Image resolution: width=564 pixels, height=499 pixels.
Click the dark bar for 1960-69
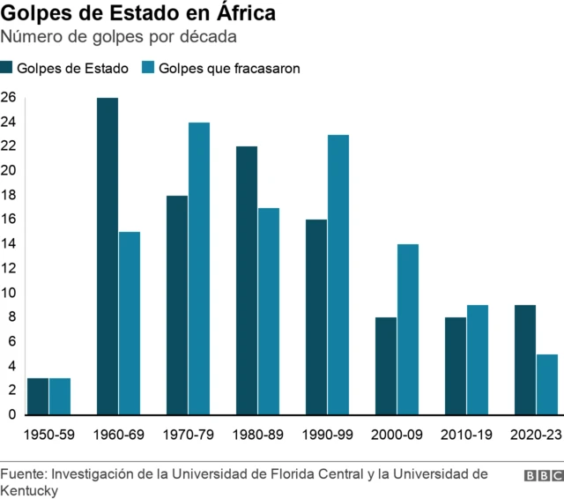(108, 256)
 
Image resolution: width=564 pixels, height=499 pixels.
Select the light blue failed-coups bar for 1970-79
(199, 268)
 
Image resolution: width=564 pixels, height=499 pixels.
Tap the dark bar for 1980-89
(247, 280)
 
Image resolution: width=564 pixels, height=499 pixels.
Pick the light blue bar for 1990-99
(338, 274)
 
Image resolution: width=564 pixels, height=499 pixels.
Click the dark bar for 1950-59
(38, 396)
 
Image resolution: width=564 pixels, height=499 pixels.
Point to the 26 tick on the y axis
(8, 97)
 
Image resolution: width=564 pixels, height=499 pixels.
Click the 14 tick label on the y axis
(8, 244)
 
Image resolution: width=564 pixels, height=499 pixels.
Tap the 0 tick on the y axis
(11, 414)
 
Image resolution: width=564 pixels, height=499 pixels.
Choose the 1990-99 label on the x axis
(327, 435)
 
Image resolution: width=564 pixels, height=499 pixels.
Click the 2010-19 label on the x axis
(466, 435)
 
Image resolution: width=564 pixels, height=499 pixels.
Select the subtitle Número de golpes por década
(118, 37)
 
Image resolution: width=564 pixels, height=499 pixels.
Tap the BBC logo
(544, 475)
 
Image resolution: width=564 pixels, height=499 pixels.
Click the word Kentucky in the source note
(29, 490)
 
